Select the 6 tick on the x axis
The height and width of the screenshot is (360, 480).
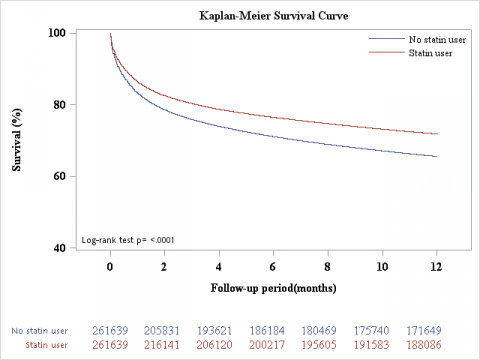[x=273, y=267]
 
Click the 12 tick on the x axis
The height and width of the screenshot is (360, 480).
[x=436, y=267]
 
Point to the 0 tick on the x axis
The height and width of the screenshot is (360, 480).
[x=110, y=267]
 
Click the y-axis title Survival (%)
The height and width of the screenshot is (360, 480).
[x=17, y=141]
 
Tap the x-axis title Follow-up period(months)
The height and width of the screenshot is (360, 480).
[x=273, y=288]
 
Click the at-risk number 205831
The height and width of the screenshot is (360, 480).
[x=163, y=329]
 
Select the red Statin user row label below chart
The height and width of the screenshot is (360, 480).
[x=44, y=344]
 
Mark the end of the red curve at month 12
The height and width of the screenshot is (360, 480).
[x=436, y=134]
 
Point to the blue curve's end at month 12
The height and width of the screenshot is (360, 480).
[x=436, y=156]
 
